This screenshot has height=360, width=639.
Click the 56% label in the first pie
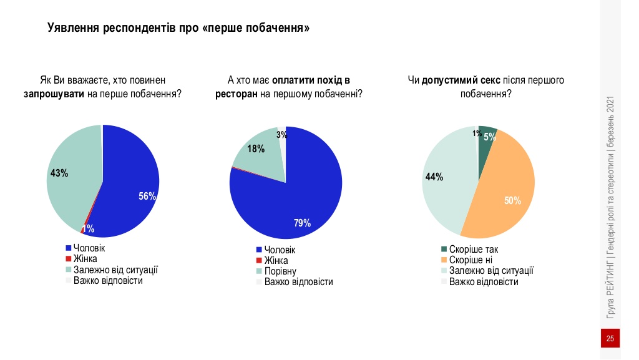click(x=147, y=196)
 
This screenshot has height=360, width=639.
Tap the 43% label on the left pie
click(x=59, y=173)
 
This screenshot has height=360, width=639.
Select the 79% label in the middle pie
click(x=303, y=223)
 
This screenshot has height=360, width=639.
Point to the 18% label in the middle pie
click(x=256, y=148)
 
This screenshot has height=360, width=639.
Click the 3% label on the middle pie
click(x=281, y=135)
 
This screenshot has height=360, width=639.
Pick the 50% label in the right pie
click(x=512, y=200)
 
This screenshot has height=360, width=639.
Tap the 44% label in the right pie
click(x=434, y=177)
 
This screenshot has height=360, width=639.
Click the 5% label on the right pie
click(x=489, y=137)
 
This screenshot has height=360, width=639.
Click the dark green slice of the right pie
click(x=486, y=132)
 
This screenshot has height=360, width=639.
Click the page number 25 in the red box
click(x=610, y=339)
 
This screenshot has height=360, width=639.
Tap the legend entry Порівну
click(x=280, y=271)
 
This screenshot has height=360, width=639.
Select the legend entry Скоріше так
click(x=473, y=250)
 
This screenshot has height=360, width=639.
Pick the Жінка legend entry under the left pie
click(x=85, y=259)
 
